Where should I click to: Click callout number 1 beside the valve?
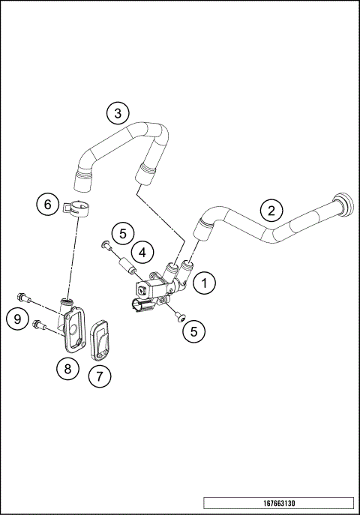[x=204, y=283]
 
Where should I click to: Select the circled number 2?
[x=271, y=211]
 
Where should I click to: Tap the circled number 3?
[x=117, y=114]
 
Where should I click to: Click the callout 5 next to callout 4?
[x=124, y=232]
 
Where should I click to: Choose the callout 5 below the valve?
[x=193, y=330]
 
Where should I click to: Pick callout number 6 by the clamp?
[x=46, y=203]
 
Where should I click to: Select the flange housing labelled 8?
[x=72, y=328]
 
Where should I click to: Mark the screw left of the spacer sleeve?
[x=105, y=244]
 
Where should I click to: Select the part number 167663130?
[x=277, y=502]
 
